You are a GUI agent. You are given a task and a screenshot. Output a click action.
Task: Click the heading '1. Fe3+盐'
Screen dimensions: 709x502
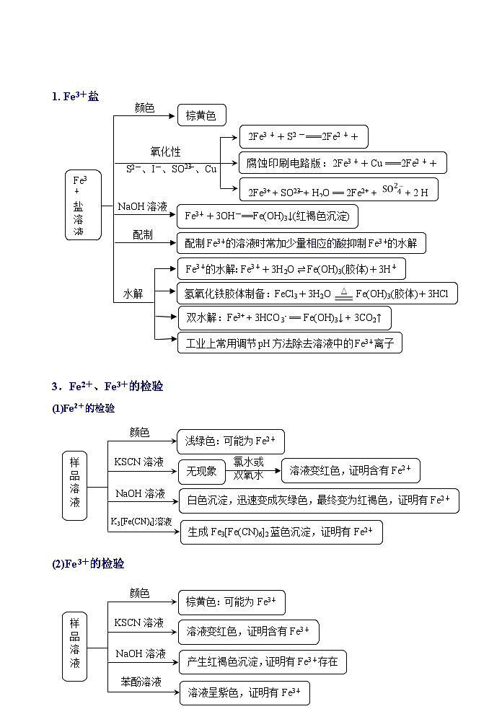click(x=75, y=96)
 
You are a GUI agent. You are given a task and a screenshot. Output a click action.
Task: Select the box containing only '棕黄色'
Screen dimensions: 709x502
click(x=201, y=115)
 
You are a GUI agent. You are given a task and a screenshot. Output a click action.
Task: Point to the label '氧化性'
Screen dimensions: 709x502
click(x=165, y=152)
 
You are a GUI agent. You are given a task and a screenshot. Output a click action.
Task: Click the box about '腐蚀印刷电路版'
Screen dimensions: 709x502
click(x=343, y=163)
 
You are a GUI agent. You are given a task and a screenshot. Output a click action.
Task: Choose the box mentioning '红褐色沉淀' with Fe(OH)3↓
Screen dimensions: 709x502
click(x=267, y=216)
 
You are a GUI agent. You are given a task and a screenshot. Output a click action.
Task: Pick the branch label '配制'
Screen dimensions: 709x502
click(x=143, y=235)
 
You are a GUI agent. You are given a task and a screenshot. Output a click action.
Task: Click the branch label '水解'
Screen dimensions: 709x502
click(x=133, y=294)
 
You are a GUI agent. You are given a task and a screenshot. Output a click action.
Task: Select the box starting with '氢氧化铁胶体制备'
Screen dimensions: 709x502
click(x=317, y=294)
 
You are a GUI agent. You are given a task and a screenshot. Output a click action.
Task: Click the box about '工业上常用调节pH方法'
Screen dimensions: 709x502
click(x=289, y=343)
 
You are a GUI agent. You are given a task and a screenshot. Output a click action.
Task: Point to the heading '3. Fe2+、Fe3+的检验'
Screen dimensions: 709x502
click(x=107, y=387)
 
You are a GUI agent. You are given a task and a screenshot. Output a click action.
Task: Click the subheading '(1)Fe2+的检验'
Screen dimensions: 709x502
click(x=83, y=408)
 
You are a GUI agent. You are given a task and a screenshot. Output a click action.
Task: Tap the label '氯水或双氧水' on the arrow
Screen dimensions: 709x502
click(x=248, y=468)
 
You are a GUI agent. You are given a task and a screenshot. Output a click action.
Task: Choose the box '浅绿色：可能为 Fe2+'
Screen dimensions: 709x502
click(x=230, y=441)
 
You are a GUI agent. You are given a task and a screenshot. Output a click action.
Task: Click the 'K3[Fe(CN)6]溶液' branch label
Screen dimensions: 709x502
click(x=141, y=521)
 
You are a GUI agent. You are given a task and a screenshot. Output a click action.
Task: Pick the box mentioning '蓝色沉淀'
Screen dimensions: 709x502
click(x=281, y=532)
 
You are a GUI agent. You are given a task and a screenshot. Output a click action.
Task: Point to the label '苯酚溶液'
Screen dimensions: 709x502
click(x=141, y=682)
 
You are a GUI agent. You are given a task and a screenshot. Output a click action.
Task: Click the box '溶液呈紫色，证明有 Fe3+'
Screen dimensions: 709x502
click(x=245, y=693)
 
